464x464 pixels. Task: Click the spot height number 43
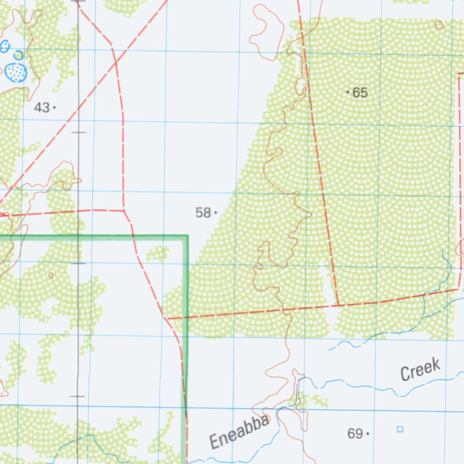click(42, 108)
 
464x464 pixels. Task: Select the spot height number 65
click(360, 93)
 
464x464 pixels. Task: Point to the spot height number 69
click(355, 434)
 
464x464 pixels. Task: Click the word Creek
click(420, 369)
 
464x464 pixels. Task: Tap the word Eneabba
click(240, 433)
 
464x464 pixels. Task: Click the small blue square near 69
click(400, 429)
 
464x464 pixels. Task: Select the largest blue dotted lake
click(16, 72)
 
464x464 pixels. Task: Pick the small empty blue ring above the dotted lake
click(18, 55)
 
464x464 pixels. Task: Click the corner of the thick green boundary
click(187, 236)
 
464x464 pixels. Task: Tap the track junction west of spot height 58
click(124, 210)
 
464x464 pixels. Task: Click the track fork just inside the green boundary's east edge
click(167, 318)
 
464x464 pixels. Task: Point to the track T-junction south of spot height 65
click(338, 305)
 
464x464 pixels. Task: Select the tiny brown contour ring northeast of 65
click(439, 25)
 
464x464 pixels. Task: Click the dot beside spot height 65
click(348, 92)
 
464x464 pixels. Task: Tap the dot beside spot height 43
click(54, 107)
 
